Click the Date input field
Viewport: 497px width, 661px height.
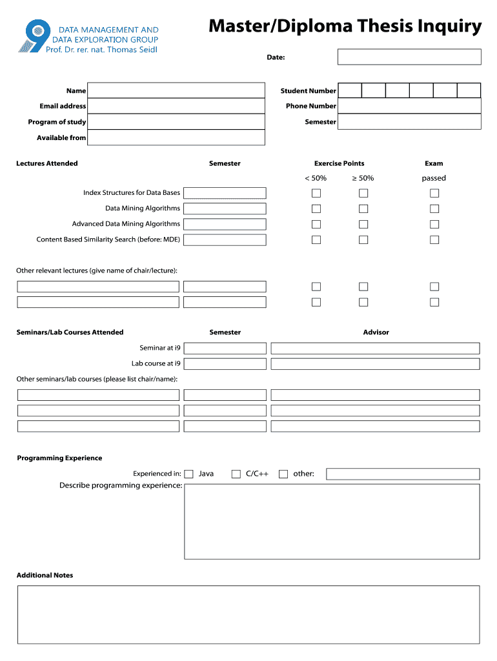click(409, 57)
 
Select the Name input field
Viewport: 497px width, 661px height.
click(176, 90)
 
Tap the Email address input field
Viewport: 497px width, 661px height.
click(176, 106)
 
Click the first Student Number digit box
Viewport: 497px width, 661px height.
click(350, 90)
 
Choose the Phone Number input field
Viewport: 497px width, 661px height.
click(409, 106)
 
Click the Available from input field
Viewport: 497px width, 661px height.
click(176, 137)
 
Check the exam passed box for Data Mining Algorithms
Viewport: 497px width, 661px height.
click(434, 208)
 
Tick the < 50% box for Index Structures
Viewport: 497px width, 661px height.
click(316, 193)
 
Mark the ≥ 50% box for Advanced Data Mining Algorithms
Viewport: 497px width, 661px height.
click(363, 224)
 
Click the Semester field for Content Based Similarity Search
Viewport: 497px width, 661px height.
click(225, 240)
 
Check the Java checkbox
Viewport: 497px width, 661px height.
click(189, 474)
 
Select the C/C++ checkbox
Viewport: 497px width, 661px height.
click(236, 474)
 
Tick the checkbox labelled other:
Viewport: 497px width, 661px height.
click(283, 474)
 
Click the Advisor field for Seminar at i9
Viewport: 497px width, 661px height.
click(375, 348)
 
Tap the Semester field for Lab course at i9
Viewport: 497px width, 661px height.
click(225, 364)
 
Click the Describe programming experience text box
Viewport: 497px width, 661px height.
click(332, 522)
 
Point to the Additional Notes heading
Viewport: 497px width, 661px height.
click(45, 575)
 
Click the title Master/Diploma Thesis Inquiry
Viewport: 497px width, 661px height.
click(345, 26)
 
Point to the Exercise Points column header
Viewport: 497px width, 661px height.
click(339, 163)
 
